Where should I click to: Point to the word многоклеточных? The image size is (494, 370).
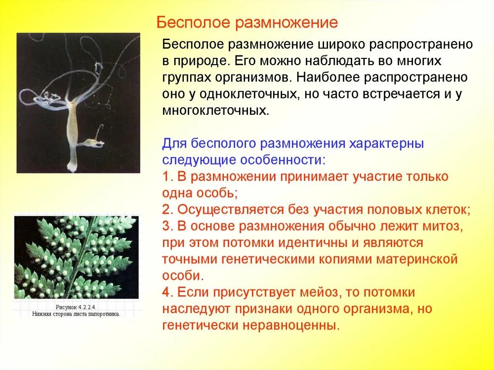point(215,111)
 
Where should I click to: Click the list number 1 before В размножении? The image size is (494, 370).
point(166,177)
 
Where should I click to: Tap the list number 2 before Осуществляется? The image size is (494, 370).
point(166,209)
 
